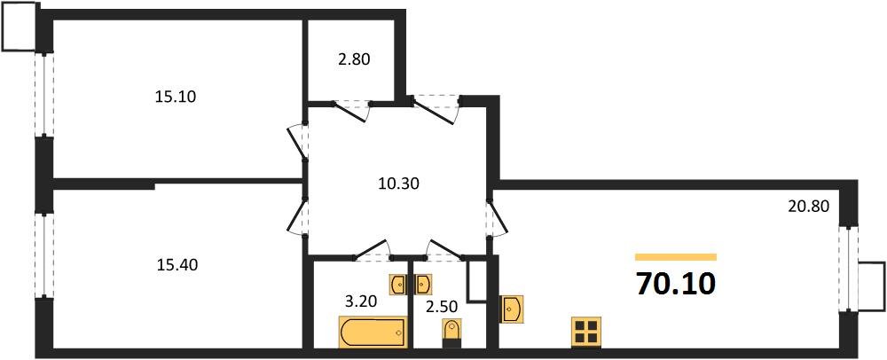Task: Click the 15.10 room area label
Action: (x=175, y=97)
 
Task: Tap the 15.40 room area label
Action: (x=175, y=263)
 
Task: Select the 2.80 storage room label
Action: (x=353, y=60)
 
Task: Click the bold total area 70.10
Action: (x=676, y=285)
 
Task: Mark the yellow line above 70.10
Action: (x=676, y=257)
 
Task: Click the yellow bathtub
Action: (x=373, y=333)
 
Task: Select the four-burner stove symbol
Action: (x=585, y=333)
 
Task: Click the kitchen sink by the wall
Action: (x=512, y=309)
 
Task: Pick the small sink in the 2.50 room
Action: (x=423, y=284)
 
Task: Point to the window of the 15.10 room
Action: (x=41, y=94)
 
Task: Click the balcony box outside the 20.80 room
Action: (x=872, y=286)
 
